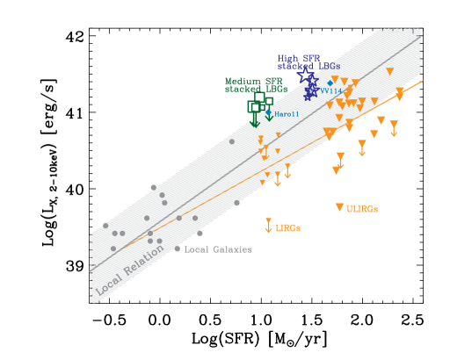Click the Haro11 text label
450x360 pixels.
[x=287, y=114]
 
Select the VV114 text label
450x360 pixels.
[x=330, y=91]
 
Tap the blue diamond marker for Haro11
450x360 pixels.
[x=269, y=112]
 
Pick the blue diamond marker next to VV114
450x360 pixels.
[x=330, y=83]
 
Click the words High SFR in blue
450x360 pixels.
[x=298, y=58]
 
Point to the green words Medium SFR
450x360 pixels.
[x=254, y=81]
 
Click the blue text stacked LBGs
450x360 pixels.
[x=308, y=66]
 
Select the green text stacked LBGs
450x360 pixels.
[x=256, y=89]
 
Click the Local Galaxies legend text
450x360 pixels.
[x=218, y=249]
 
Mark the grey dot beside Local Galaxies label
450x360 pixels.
[x=177, y=248]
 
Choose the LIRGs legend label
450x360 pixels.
[x=288, y=228]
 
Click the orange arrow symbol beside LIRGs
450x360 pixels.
[x=268, y=226]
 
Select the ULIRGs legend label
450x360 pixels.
[x=362, y=209]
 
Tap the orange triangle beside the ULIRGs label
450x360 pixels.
[x=339, y=207]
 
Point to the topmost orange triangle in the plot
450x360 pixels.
[x=389, y=71]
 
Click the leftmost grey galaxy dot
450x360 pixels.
[x=106, y=226]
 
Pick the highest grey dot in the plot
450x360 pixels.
[x=232, y=140]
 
